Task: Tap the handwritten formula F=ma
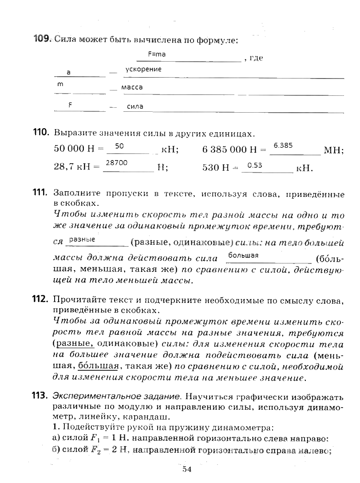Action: click(157, 55)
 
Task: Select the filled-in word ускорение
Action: click(143, 69)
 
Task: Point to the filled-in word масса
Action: click(131, 87)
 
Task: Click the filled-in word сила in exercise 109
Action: click(135, 106)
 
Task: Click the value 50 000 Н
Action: click(74, 149)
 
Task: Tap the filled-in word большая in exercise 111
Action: click(243, 255)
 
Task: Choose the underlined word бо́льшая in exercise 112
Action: click(99, 366)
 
